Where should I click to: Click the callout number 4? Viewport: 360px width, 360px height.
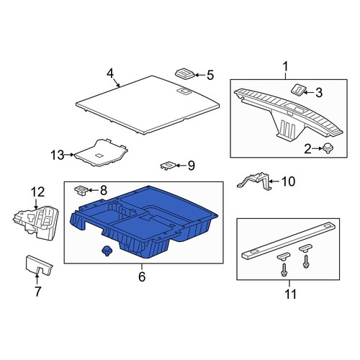pyautogui.click(x=110, y=73)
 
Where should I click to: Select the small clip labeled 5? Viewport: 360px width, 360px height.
pyautogui.click(x=185, y=73)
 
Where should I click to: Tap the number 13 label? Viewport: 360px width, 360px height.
pyautogui.click(x=58, y=155)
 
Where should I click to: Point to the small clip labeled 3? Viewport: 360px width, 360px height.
pyautogui.click(x=298, y=90)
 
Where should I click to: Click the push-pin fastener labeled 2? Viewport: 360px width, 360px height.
pyautogui.click(x=327, y=148)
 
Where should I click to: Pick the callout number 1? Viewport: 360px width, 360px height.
pyautogui.click(x=286, y=67)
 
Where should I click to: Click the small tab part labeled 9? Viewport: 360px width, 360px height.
pyautogui.click(x=168, y=165)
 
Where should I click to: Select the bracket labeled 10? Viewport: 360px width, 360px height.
pyautogui.click(x=254, y=181)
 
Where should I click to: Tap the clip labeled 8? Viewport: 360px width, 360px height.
pyautogui.click(x=81, y=191)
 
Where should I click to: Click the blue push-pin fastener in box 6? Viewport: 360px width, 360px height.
pyautogui.click(x=105, y=251)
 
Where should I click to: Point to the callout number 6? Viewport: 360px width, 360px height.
pyautogui.click(x=142, y=276)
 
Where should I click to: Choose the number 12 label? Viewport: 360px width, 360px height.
pyautogui.click(x=38, y=192)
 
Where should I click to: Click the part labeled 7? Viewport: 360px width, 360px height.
pyautogui.click(x=39, y=265)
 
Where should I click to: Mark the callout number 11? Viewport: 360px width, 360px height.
pyautogui.click(x=290, y=294)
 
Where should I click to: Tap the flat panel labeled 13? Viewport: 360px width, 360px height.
pyautogui.click(x=101, y=153)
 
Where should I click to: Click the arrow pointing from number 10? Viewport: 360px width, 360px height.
pyautogui.click(x=274, y=181)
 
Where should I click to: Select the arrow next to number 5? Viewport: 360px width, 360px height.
pyautogui.click(x=200, y=75)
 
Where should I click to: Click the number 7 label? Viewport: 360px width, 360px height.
pyautogui.click(x=37, y=292)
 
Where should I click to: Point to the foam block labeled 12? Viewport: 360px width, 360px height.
pyautogui.click(x=36, y=222)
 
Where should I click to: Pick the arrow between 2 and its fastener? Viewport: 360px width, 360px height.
pyautogui.click(x=318, y=148)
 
